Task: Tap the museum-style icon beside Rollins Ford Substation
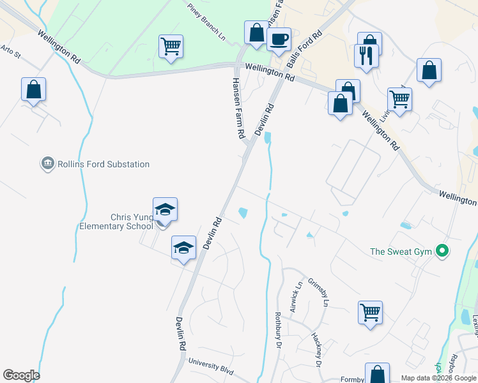46,164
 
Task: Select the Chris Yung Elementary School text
115,222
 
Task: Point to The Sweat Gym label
401,252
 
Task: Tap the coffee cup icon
279,40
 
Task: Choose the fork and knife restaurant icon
366,55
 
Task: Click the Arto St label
11,50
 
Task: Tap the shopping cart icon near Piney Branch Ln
171,47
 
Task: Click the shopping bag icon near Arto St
33,89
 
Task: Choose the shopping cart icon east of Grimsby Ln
370,313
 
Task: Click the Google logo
21,375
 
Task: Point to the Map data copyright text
438,378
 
